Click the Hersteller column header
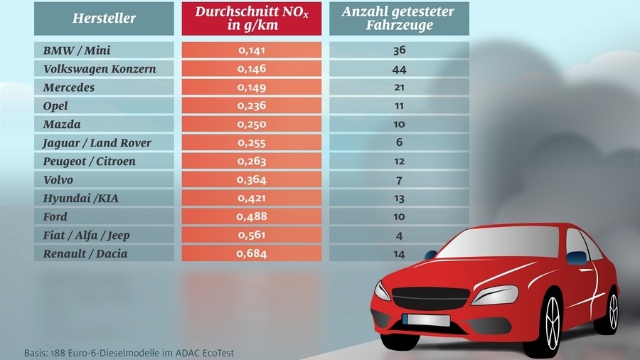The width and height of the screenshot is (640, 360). pos(104,18)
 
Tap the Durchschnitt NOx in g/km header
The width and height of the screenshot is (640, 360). pos(252,18)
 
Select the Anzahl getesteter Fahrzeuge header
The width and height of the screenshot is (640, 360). pos(399,18)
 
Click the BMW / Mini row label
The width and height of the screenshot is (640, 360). pos(77,51)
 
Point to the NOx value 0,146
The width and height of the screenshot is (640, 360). pos(252,68)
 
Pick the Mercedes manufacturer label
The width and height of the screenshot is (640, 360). pos(68,88)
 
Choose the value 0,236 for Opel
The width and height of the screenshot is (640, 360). pos(252,106)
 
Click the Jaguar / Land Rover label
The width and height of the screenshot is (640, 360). pos(97,143)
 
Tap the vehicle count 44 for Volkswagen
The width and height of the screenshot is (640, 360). pos(399,70)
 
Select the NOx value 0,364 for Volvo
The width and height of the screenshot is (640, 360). pos(252,179)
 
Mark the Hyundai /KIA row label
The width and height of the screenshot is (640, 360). pos(81,198)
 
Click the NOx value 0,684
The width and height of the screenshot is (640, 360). pos(252,253)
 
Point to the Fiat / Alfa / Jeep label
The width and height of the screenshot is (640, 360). pos(86,235)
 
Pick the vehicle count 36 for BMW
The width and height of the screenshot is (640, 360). pos(399,51)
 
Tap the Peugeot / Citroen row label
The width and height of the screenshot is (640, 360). pos(89,162)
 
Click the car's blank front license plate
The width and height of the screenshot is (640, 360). pos(426,320)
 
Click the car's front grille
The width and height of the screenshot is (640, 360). pos(431,298)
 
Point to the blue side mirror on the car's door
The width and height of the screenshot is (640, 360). pos(576,258)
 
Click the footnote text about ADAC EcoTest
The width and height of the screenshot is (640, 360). pos(129,353)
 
